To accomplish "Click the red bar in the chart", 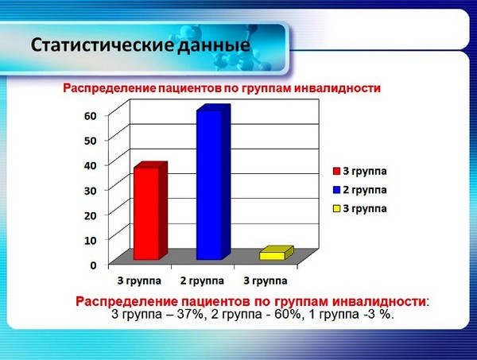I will coord(147,213).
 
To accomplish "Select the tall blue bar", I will coord(210,185).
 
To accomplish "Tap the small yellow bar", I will coord(273,254).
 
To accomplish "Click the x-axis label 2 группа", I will coord(203,281).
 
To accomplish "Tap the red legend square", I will coord(336,171).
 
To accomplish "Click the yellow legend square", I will coord(336,209).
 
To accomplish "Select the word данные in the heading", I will coord(214,45).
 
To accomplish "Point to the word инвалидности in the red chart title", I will coord(333,88).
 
